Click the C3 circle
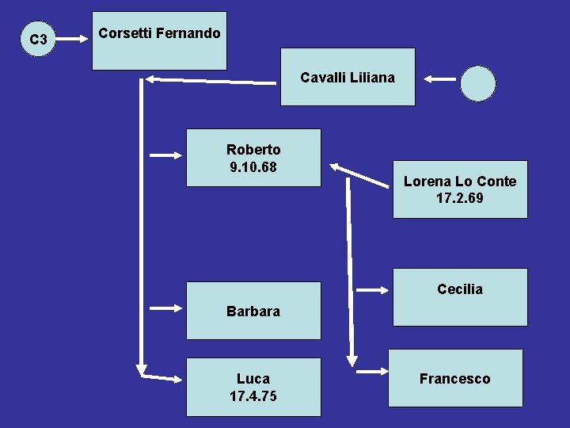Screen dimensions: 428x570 pos(37,39)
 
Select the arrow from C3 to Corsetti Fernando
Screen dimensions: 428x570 pos(74,37)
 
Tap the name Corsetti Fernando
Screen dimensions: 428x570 pos(159,34)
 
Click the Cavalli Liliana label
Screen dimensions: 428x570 pos(347,78)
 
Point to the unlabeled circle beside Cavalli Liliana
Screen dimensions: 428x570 pos(478,82)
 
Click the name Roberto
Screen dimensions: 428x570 pos(253,149)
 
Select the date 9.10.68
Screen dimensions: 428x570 pos(253,167)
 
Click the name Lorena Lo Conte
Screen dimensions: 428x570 pos(459,182)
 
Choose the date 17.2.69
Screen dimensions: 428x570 pos(459,198)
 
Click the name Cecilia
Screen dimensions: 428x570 pos(459,289)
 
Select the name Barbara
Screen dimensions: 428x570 pos(253,311)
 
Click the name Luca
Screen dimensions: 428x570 pos(253,379)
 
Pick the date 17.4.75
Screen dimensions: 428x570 pos(253,396)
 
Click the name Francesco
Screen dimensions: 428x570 pos(454,379)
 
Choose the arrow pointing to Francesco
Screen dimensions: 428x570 pos(371,370)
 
